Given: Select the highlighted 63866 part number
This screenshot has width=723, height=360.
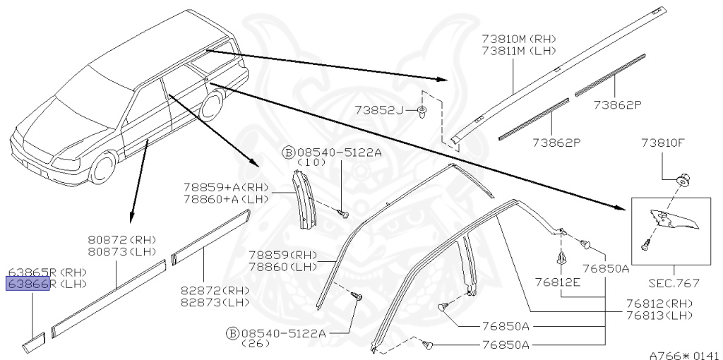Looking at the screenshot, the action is click(28, 284).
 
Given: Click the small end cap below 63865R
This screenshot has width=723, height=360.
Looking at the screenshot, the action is click(33, 344).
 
